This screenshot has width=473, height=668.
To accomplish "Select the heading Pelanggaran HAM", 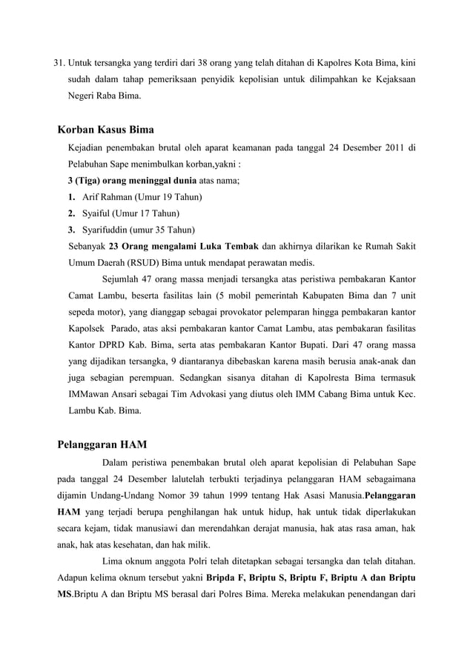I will coord(102,444).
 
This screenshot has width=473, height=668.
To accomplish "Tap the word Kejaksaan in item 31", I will coord(391,77).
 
